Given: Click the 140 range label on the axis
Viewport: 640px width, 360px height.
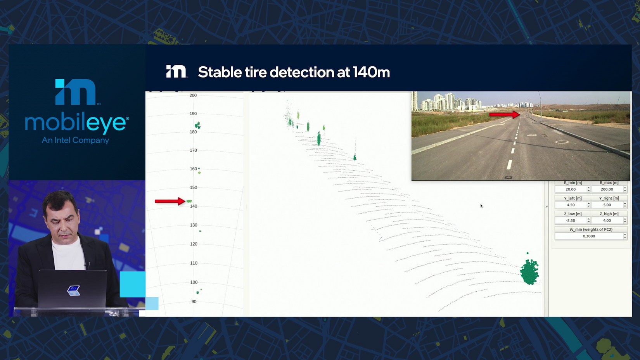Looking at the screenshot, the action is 194,206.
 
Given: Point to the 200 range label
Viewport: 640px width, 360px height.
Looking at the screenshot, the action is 193,95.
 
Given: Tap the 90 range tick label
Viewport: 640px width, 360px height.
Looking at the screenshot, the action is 194,301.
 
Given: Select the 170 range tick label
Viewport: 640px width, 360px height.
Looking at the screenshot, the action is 194,150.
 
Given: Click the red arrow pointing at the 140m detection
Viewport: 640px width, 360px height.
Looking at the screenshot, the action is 170,201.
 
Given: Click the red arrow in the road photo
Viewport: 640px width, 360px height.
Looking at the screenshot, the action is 505,114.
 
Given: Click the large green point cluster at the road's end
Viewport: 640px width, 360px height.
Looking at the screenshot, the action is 529,272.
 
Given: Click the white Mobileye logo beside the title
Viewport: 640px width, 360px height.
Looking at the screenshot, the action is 176,71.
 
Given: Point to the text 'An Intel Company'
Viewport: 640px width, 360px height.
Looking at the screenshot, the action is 75,140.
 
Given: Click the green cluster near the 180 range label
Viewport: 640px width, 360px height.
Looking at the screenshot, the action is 198,125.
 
